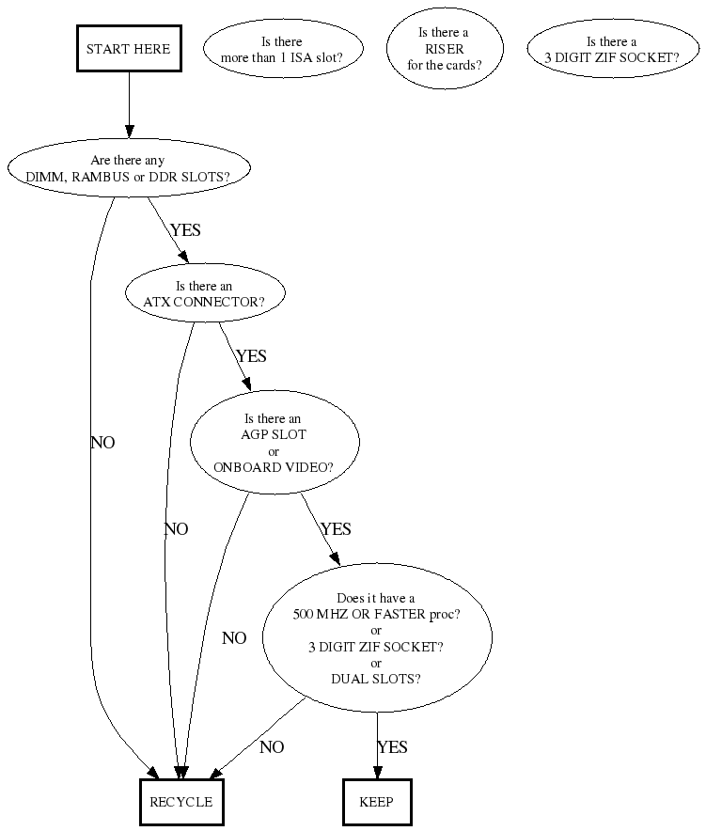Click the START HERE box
click(128, 49)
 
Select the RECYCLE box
click(181, 802)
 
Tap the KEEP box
click(377, 802)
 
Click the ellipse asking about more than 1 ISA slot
click(281, 50)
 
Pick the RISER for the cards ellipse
click(444, 49)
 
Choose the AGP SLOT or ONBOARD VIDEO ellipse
click(274, 442)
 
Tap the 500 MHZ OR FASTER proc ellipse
click(376, 638)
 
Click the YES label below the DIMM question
click(185, 230)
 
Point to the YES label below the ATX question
click(251, 356)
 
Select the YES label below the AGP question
click(336, 529)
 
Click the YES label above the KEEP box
click(392, 747)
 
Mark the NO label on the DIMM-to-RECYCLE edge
click(102, 443)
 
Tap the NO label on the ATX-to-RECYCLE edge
click(176, 529)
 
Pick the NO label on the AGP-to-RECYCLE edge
click(234, 638)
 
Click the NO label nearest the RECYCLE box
click(272, 747)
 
